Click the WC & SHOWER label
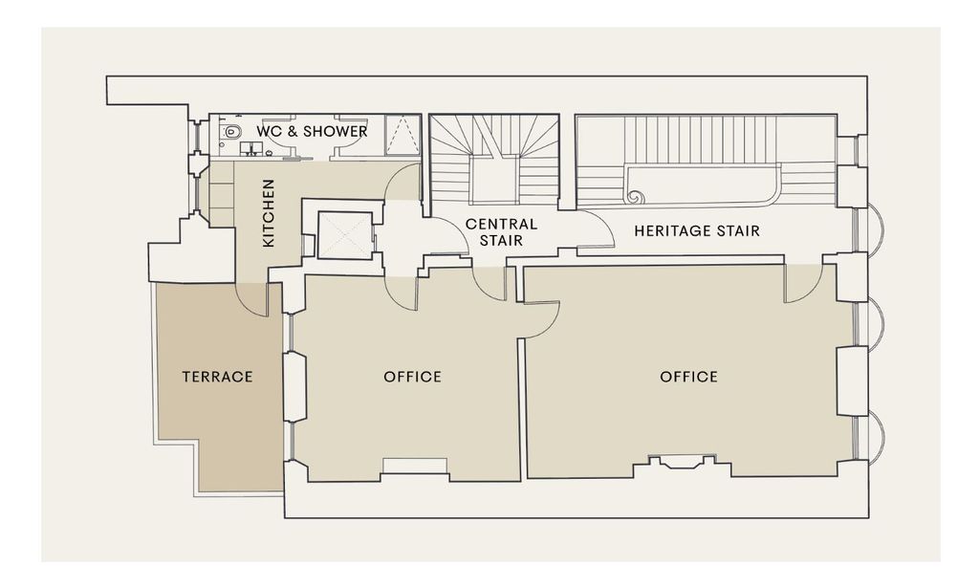coord(312,131)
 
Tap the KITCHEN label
coord(269,213)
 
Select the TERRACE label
coord(217,377)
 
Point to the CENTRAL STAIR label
coord(501,231)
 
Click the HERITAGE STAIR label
coord(697,231)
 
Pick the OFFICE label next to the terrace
coord(412,377)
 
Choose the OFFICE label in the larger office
coord(688,377)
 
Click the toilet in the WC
coord(231,132)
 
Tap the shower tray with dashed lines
coord(402,134)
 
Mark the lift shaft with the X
coord(344,235)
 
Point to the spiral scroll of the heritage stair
coord(636,195)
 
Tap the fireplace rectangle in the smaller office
coord(415,466)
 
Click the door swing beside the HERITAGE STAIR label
coord(597,229)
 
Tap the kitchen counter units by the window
coord(221,194)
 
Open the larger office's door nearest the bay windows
coord(803,284)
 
